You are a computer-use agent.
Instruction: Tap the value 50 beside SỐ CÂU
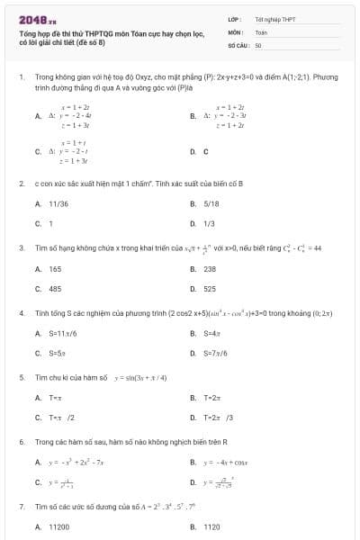[258, 44]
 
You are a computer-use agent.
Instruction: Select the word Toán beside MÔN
[261, 31]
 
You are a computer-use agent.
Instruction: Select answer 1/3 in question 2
[209, 223]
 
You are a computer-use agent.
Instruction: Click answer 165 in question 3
[55, 269]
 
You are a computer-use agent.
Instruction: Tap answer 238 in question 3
[211, 269]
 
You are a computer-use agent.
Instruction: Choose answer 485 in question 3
[55, 289]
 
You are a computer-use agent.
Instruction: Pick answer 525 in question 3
[210, 289]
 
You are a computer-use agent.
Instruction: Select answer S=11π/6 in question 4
[63, 333]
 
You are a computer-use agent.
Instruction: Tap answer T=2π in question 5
[212, 398]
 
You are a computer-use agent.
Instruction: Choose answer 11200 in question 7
[58, 526]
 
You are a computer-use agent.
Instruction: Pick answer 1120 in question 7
[211, 526]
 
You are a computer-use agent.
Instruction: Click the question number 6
[21, 442]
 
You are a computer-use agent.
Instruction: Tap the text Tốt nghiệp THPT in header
[275, 19]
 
